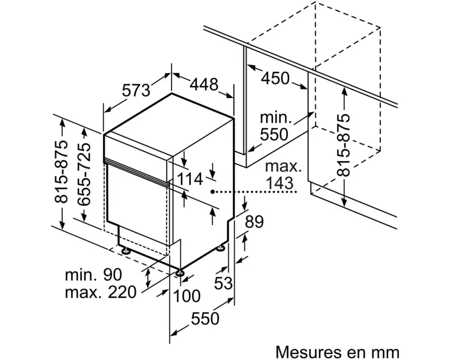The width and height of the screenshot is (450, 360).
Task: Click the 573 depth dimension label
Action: pos(136,91)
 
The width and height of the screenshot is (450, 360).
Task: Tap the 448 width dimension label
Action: pos(204,84)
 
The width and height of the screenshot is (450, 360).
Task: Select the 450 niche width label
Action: pos(275,78)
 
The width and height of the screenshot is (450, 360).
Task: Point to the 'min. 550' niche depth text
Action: pos(275,126)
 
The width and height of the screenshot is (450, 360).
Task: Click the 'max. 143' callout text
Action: pos(283,175)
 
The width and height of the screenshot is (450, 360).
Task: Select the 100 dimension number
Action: pos(186,296)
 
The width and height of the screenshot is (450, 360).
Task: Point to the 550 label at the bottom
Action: pos(204,319)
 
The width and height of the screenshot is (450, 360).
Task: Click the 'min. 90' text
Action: pos(93,274)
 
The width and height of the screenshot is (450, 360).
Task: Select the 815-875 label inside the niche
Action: pos(344,145)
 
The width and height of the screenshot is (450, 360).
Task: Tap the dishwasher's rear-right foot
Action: pos(221,247)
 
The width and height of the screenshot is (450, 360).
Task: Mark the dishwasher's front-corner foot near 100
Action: pos(180,272)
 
